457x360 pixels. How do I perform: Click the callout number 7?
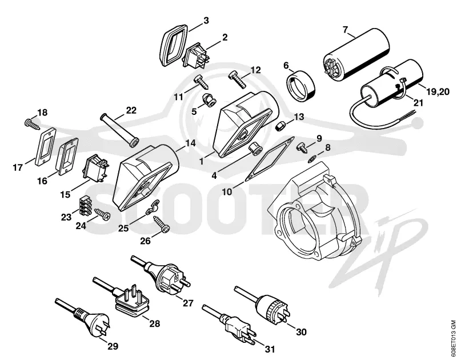tap(346, 30)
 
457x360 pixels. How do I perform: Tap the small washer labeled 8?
tap(312, 159)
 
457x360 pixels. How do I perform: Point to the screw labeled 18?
tap(32, 123)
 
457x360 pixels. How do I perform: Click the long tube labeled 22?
tap(119, 129)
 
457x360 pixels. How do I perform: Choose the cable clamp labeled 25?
tap(153, 207)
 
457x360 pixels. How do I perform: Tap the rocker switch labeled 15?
tap(97, 169)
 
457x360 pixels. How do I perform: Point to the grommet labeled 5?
tap(209, 99)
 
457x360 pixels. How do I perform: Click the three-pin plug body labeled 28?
tap(132, 298)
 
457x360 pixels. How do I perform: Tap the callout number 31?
tap(270, 349)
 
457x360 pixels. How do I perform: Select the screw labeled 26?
tap(162, 224)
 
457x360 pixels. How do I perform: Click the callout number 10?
tap(227, 192)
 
